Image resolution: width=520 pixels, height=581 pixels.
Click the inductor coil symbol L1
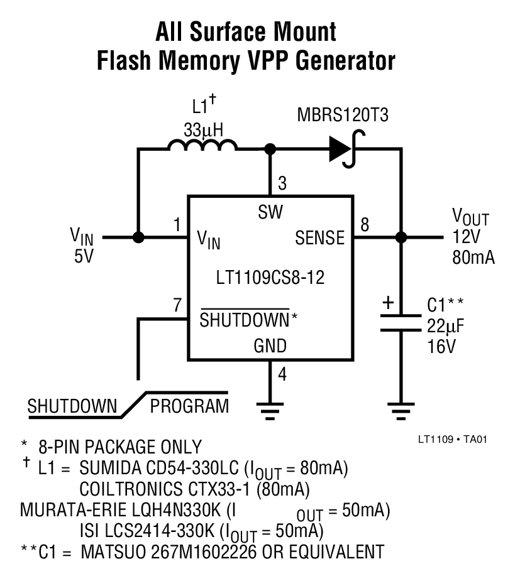click(202, 148)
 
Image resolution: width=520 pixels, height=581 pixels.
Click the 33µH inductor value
click(203, 130)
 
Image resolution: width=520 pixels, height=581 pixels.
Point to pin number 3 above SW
click(282, 184)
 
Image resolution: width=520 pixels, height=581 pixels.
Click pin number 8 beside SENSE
click(364, 224)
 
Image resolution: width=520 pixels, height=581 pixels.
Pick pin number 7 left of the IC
click(177, 305)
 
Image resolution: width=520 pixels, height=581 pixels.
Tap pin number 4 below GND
click(282, 375)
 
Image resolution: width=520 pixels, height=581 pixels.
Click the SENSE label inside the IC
click(320, 238)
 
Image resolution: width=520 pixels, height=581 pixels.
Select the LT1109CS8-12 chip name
click(271, 278)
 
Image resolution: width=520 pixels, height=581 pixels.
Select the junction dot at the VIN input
click(138, 237)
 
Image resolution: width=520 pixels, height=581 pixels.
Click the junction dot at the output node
click(400, 237)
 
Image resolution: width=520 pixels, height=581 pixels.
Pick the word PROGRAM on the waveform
click(189, 406)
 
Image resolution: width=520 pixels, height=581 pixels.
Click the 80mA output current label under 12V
click(473, 257)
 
